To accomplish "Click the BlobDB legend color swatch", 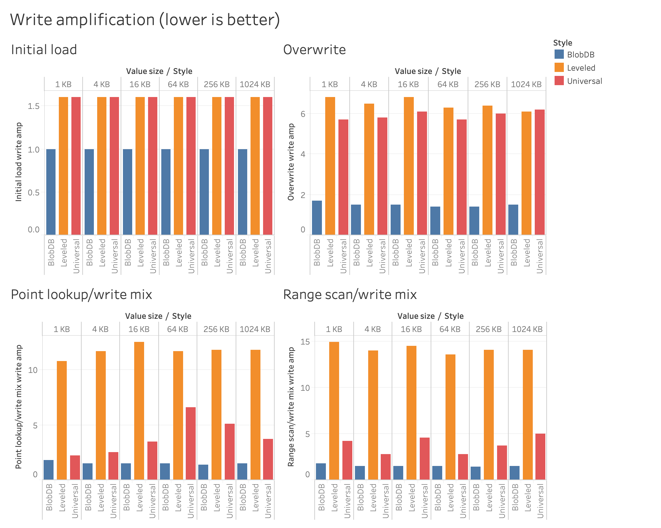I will point(559,54).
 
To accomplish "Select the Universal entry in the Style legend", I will point(584,81).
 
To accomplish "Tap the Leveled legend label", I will point(581,68).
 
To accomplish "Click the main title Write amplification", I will point(145,20).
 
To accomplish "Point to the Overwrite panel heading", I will point(314,50).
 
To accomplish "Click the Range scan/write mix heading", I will point(350,294).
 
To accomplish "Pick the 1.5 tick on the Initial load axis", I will point(34,106).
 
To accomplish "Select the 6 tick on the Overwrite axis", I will point(303,114).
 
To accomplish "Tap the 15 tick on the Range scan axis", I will point(305,342).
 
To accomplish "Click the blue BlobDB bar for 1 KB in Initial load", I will point(51,192).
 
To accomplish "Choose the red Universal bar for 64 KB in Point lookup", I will point(191,443).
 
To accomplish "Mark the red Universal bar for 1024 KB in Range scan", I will point(540,456).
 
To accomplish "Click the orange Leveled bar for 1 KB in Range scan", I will point(334,411).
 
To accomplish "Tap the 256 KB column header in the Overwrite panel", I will point(487,84).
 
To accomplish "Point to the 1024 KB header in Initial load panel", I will point(255,84).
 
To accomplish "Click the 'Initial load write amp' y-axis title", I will point(19,162).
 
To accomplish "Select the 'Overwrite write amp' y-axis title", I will point(291,162).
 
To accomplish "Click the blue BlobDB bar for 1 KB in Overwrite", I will point(317,218).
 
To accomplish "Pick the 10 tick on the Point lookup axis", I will point(33,370).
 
